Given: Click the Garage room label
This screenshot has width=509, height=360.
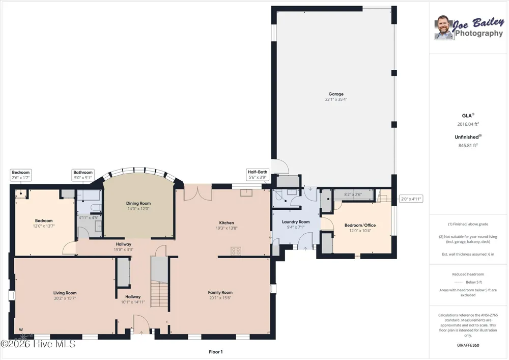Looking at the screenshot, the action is pyautogui.click(x=335, y=94).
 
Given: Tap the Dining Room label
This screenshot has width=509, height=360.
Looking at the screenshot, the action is pyautogui.click(x=138, y=203).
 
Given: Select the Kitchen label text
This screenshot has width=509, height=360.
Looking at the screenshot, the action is pyautogui.click(x=227, y=223).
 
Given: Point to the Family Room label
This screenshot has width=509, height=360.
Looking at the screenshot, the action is pyautogui.click(x=220, y=292).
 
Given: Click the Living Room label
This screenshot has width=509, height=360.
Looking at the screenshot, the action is pyautogui.click(x=65, y=293).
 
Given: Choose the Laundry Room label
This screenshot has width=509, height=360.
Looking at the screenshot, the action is pyautogui.click(x=296, y=221).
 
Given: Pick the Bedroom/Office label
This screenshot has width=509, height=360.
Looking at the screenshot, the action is pyautogui.click(x=360, y=225).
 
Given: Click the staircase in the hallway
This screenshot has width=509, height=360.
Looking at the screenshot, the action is pyautogui.click(x=160, y=295).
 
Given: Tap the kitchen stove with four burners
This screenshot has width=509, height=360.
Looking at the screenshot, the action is pyautogui.click(x=236, y=251).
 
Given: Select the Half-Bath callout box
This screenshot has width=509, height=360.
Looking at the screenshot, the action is pyautogui.click(x=258, y=175).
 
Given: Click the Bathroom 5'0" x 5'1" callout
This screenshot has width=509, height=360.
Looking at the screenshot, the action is pyautogui.click(x=83, y=175).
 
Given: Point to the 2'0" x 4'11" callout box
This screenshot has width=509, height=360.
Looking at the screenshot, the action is pyautogui.click(x=411, y=199).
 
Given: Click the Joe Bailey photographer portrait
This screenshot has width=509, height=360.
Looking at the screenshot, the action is pyautogui.click(x=443, y=27).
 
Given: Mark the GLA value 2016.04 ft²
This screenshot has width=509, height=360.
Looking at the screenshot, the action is pyautogui.click(x=468, y=124).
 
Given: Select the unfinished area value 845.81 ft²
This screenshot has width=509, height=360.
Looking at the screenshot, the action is pyautogui.click(x=468, y=146).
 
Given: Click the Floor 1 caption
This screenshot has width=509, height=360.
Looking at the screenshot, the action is pyautogui.click(x=215, y=352).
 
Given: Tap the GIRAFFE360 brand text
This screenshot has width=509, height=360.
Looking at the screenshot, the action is pyautogui.click(x=468, y=345).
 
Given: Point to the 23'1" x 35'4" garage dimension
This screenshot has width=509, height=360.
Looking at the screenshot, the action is pyautogui.click(x=335, y=99).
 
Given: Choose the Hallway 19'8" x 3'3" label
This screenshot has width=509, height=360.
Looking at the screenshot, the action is pyautogui.click(x=123, y=247).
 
